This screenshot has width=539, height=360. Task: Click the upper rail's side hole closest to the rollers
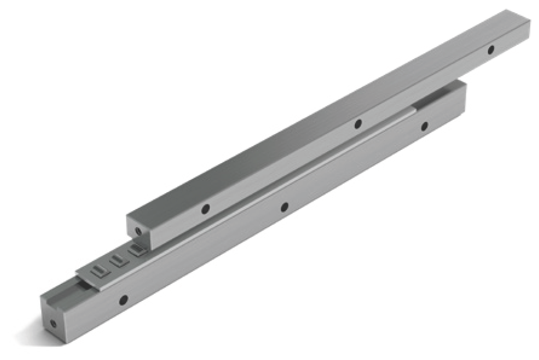tap(205, 208)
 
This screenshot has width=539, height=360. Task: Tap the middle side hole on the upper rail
tap(358, 123)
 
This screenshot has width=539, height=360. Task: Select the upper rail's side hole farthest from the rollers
tap(491, 50)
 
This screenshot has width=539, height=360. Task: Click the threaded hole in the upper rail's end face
tap(138, 231)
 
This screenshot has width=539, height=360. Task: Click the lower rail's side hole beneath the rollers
tap(123, 300)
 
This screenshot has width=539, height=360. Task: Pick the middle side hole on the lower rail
tap(284, 206)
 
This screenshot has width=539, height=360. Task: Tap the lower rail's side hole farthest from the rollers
tap(425, 125)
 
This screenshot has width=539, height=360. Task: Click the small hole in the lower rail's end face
tap(53, 323)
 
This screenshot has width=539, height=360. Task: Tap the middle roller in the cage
tap(117, 259)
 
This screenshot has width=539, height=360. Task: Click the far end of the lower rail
tap(462, 86)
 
